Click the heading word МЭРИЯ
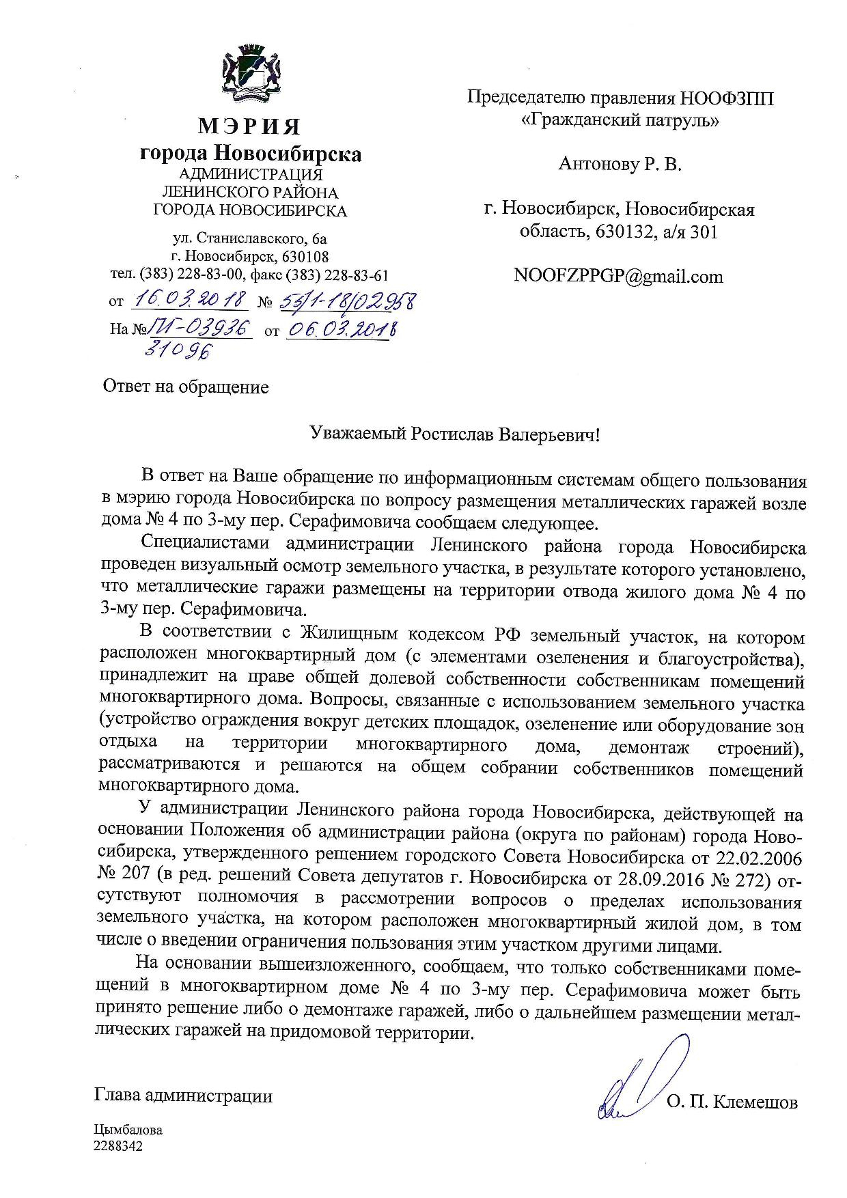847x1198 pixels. coord(249,126)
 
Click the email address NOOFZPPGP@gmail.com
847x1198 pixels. coord(618,276)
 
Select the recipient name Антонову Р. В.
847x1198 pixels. coord(620,164)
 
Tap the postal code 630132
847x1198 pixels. coord(622,232)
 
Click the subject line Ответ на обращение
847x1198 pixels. coord(186,387)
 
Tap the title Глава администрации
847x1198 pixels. coord(183,1096)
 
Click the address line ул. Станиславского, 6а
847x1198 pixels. coord(249,239)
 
